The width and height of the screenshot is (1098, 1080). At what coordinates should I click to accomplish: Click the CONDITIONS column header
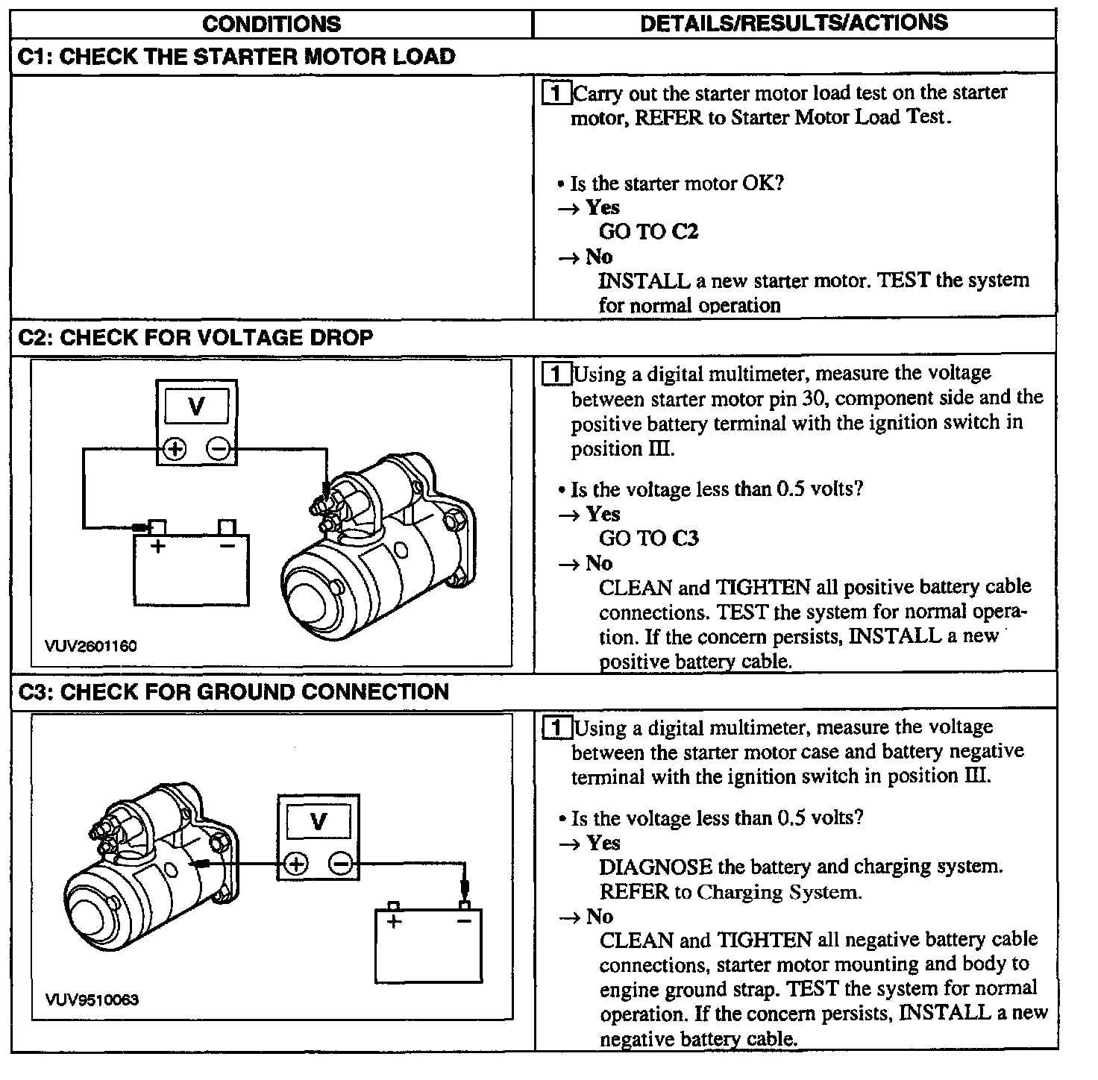click(271, 24)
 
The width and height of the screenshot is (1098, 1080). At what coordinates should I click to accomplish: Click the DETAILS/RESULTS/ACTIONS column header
click(794, 23)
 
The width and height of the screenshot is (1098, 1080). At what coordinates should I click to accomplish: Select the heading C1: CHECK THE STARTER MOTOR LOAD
click(236, 57)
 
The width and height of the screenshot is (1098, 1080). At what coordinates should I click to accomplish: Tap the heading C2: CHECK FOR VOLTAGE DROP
click(195, 338)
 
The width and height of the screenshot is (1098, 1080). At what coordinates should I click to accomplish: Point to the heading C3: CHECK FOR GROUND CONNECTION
click(233, 692)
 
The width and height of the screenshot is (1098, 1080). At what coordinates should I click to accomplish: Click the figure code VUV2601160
click(91, 646)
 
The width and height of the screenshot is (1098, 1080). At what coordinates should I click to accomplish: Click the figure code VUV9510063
click(92, 1000)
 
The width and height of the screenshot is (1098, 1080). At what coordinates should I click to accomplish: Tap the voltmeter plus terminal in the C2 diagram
click(175, 449)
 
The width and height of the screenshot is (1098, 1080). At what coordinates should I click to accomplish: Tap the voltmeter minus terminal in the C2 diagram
click(219, 449)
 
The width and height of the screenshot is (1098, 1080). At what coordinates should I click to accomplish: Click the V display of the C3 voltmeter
click(319, 822)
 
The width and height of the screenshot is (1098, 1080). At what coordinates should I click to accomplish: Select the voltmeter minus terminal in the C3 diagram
click(341, 864)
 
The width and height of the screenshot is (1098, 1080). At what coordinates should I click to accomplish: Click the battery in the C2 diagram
click(191, 568)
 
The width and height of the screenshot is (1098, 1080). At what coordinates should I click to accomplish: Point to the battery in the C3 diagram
click(428, 946)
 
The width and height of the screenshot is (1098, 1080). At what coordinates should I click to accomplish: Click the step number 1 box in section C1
click(556, 93)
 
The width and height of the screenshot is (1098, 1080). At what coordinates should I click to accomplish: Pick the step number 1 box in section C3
click(556, 728)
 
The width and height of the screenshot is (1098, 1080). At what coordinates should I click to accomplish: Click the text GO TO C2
click(648, 232)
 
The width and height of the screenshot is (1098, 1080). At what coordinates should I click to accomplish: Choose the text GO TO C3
click(648, 539)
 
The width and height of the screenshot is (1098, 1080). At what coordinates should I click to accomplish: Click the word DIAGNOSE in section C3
click(656, 867)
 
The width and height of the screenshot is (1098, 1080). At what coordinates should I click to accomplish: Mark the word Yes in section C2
click(603, 514)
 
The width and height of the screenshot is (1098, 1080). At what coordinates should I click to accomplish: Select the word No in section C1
click(599, 257)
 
